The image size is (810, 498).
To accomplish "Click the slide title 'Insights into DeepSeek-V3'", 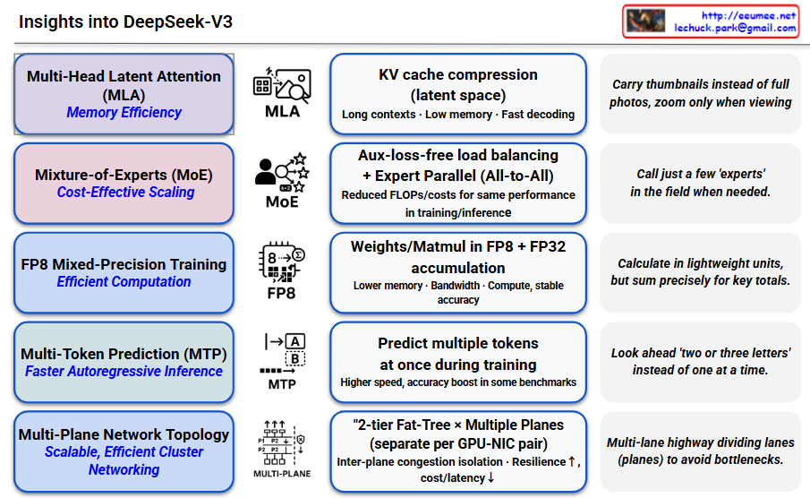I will click(x=125, y=21).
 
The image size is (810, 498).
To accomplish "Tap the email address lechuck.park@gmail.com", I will click(x=735, y=29).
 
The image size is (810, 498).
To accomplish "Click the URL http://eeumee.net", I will click(x=748, y=15).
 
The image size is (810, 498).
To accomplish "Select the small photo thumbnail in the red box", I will click(x=645, y=21).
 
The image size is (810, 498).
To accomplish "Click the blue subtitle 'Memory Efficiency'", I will click(x=124, y=113).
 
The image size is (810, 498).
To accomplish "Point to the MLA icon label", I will click(x=282, y=112).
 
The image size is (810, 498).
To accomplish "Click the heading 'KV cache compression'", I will click(x=458, y=75).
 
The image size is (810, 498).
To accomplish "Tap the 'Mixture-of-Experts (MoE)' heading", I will click(x=124, y=175).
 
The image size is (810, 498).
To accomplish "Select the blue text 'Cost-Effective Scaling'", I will click(x=125, y=193).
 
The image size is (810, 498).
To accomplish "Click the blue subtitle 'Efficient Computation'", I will click(x=124, y=282).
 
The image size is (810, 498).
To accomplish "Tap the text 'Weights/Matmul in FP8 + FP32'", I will click(x=458, y=246).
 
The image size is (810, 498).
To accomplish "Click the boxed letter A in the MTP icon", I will click(x=295, y=341).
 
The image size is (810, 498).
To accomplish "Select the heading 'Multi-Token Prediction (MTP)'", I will click(x=124, y=354).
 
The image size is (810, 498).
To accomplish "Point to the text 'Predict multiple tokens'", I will click(x=458, y=344).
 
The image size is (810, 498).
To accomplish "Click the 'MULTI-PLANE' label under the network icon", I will click(x=282, y=473).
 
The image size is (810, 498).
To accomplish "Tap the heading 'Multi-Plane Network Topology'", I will click(x=124, y=434).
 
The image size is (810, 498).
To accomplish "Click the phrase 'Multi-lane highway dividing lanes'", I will click(x=700, y=443).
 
